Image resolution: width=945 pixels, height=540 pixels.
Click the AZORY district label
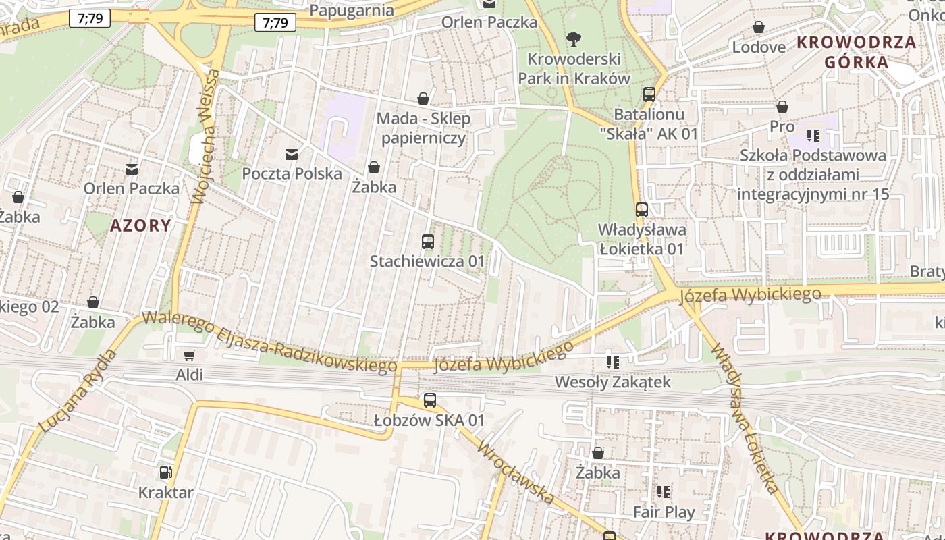click(x=140, y=225)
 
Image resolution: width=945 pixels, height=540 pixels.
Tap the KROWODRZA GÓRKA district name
click(x=857, y=52)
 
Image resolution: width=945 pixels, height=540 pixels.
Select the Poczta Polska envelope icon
click(x=292, y=155)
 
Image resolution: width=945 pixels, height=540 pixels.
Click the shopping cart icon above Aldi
click(x=190, y=355)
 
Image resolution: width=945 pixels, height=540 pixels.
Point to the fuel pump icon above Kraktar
click(x=165, y=473)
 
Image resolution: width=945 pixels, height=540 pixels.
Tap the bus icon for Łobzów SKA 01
click(x=429, y=400)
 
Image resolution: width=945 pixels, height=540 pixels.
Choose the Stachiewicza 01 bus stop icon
click(x=427, y=241)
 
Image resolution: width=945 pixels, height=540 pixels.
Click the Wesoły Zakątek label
click(x=612, y=382)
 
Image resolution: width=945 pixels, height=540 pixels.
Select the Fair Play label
click(x=664, y=512)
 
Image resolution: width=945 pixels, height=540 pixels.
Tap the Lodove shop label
click(x=759, y=47)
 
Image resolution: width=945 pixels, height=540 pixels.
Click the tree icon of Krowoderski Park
click(x=574, y=39)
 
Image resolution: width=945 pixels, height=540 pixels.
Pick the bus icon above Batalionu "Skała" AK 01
click(x=649, y=94)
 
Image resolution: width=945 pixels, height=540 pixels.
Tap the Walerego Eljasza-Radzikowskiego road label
click(x=270, y=342)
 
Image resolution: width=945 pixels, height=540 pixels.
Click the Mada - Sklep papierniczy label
click(x=423, y=128)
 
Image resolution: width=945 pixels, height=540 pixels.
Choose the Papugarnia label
click(x=351, y=10)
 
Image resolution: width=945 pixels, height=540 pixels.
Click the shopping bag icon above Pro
click(x=782, y=107)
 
